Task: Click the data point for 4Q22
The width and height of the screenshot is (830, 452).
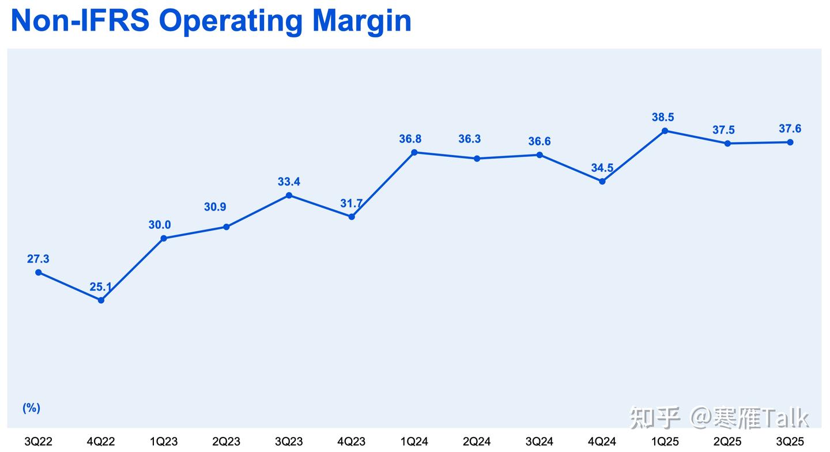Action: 101,300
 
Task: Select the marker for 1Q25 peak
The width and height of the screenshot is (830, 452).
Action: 665,131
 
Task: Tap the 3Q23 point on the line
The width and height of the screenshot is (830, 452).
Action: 289,195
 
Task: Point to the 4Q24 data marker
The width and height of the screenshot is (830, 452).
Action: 602,181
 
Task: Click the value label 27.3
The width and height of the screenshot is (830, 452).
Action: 38,259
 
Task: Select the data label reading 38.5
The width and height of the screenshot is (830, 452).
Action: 663,117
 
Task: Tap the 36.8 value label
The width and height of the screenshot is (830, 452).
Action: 410,139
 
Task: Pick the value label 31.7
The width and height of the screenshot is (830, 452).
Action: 352,203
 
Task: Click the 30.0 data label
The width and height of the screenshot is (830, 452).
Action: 160,225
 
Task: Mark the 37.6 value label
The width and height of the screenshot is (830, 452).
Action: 790,129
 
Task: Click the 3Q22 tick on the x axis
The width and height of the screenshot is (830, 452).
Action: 38,442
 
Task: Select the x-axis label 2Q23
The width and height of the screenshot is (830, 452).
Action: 226,442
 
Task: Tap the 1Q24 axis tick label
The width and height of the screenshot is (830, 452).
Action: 414,442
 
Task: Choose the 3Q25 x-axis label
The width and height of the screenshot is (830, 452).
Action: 790,442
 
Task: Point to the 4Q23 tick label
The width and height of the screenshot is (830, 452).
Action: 351,442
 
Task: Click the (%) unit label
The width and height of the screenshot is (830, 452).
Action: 31,408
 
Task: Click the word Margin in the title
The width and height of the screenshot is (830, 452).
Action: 362,21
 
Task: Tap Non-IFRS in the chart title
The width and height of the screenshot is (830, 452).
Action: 80,21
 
